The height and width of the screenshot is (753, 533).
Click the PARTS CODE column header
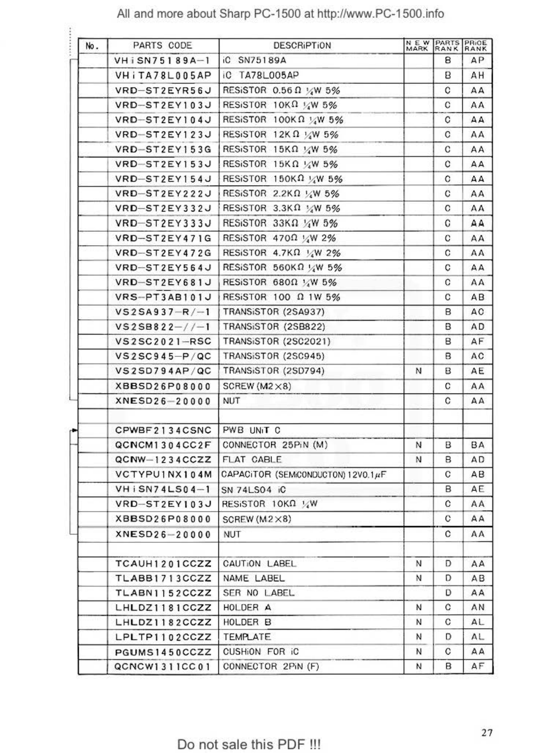click(x=162, y=46)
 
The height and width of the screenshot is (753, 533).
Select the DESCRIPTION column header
click(x=302, y=46)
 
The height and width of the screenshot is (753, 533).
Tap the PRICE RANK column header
click(x=477, y=46)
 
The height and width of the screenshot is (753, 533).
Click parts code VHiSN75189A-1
click(x=162, y=60)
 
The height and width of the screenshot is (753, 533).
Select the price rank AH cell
click(x=477, y=75)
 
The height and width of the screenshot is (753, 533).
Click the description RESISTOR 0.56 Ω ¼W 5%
click(x=281, y=90)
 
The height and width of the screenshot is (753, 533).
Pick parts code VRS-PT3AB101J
click(x=162, y=297)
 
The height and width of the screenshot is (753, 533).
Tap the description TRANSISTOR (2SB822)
click(x=274, y=326)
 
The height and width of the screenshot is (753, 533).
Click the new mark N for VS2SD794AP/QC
click(x=418, y=371)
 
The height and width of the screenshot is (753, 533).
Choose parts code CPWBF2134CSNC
click(x=163, y=430)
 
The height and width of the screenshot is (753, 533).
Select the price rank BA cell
click(x=477, y=445)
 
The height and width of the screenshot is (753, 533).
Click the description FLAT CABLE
click(x=252, y=460)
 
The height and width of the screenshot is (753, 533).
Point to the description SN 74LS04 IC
click(x=253, y=490)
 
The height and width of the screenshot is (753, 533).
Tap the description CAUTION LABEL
click(x=260, y=564)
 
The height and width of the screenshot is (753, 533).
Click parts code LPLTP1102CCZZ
click(x=163, y=637)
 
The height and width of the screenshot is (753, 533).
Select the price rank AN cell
click(x=477, y=607)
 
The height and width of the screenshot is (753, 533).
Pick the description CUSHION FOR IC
click(x=260, y=651)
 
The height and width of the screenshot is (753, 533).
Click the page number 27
click(x=487, y=732)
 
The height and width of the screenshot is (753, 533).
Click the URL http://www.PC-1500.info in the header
click(x=380, y=14)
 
